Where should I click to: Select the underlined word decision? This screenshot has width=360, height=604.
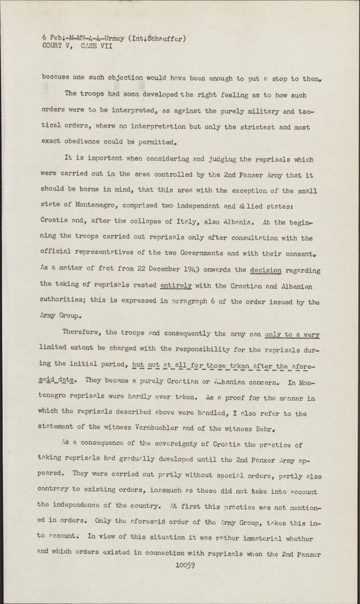(266, 270)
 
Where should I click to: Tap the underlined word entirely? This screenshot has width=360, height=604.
(176, 286)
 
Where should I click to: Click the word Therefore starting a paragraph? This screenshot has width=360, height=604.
(82, 332)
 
